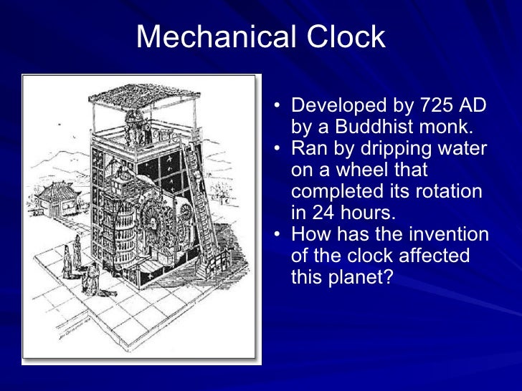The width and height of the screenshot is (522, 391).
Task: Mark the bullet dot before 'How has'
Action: pos(277,235)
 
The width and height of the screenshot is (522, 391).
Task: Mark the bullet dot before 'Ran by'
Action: pos(277,150)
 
